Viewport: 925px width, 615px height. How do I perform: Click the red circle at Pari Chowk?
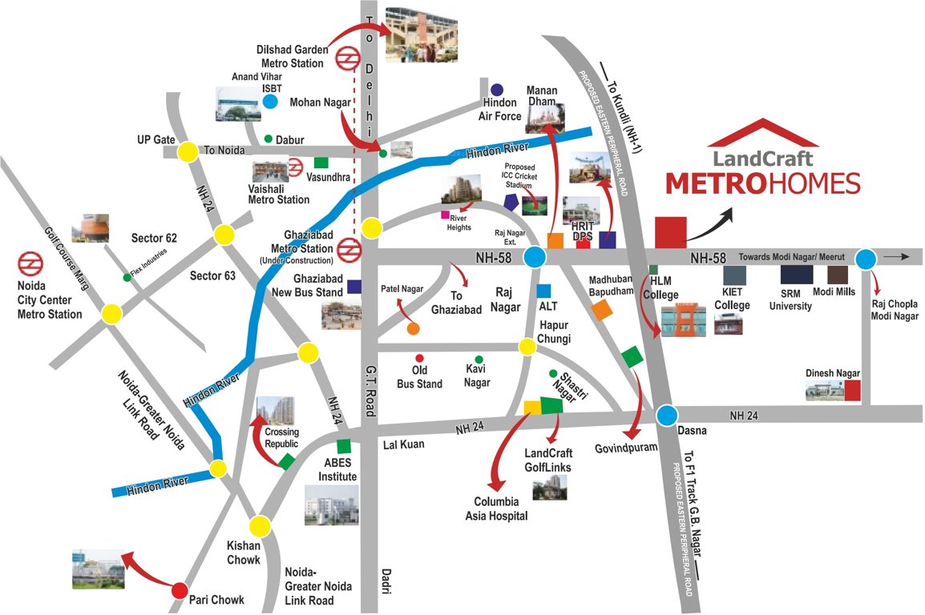180,593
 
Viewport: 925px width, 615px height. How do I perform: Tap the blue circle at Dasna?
668,415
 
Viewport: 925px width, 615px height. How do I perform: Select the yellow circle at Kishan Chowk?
260,526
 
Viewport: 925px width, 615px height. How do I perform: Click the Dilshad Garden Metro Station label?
293,56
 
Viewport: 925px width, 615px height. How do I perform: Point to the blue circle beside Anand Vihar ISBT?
270,102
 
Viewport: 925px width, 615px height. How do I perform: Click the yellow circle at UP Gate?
188,151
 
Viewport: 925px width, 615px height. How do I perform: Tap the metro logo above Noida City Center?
31,263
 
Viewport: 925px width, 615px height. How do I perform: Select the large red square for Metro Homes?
670,231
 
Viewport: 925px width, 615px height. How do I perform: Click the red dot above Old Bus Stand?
418,358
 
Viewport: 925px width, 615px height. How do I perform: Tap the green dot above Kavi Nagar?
479,360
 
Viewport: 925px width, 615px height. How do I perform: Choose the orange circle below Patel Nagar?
413,328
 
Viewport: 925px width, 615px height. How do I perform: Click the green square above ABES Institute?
343,446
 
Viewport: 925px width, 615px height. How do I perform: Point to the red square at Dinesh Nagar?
852,390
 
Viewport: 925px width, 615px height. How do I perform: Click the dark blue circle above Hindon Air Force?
497,90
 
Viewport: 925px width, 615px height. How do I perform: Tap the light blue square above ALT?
544,291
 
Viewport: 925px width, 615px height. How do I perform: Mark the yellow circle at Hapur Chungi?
527,347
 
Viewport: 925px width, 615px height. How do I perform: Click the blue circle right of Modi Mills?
866,259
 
